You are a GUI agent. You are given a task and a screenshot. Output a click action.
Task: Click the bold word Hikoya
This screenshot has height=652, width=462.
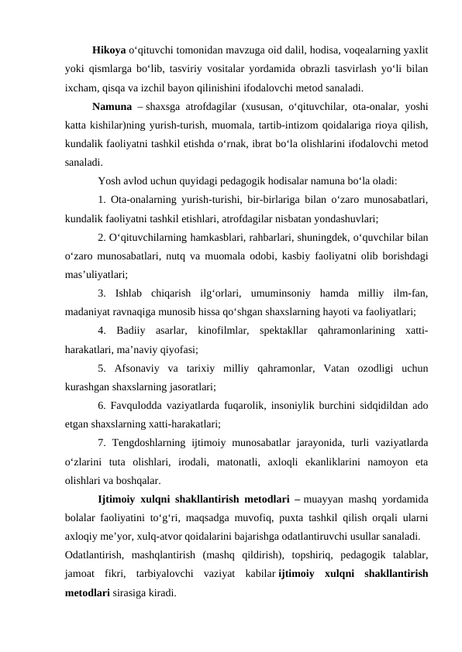109,50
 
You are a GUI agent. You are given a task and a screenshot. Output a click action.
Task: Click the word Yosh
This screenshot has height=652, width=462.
109,182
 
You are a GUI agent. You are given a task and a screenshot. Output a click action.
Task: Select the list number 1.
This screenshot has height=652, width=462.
102,200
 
